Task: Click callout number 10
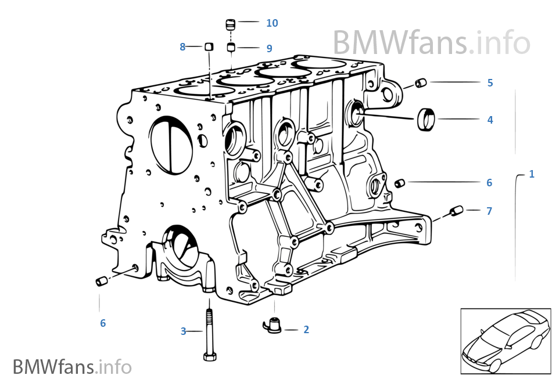(x=272, y=23)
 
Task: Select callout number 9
(x=269, y=49)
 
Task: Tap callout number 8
(x=182, y=47)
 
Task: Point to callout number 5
(x=490, y=83)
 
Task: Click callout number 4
(x=490, y=120)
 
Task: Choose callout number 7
(x=489, y=211)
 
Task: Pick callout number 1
(x=532, y=174)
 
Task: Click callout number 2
(x=306, y=330)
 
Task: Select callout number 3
(x=183, y=331)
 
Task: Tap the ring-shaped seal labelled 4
(x=426, y=120)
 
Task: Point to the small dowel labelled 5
(x=421, y=84)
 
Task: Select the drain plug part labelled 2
(x=271, y=326)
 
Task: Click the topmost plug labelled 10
(x=230, y=24)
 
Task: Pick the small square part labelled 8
(x=209, y=47)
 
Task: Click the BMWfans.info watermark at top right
(x=431, y=42)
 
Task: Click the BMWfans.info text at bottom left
(x=72, y=367)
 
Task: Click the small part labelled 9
(x=231, y=47)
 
